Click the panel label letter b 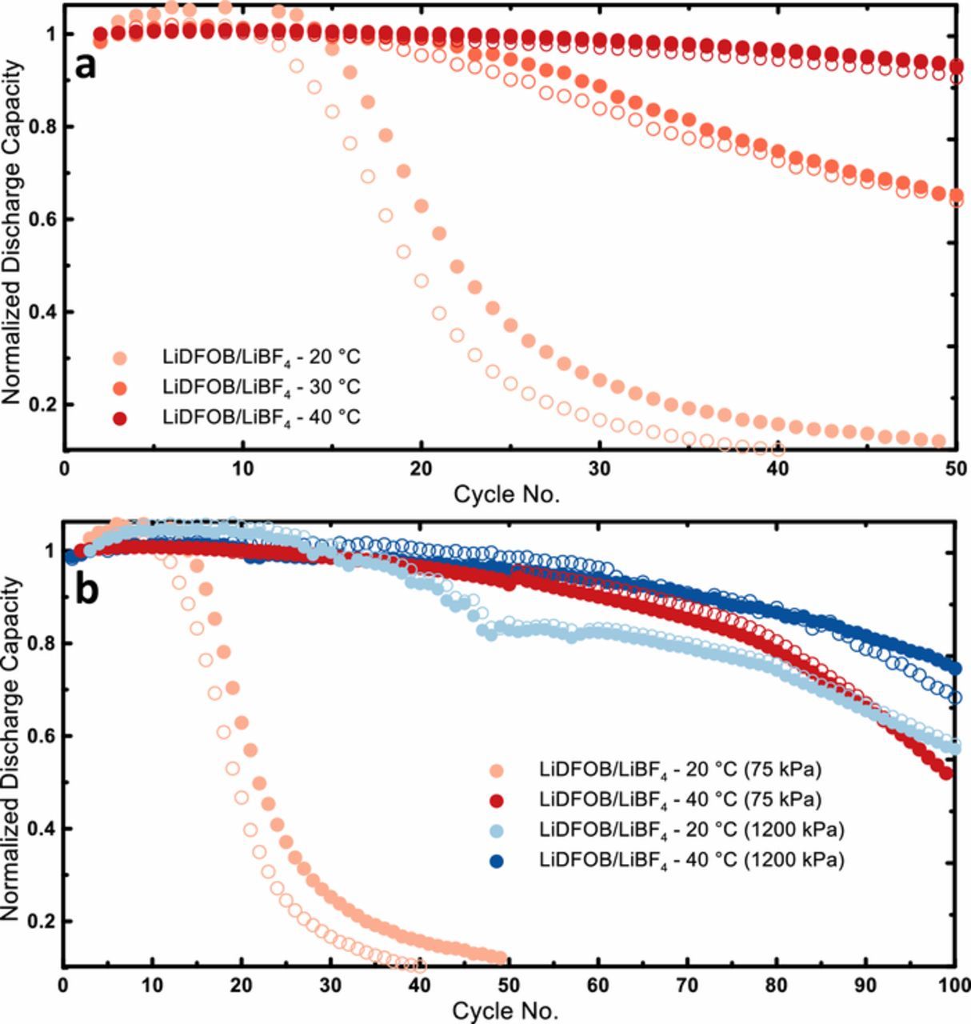(x=87, y=590)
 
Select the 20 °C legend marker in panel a (x=119, y=357)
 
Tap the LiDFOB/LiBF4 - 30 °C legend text (x=261, y=387)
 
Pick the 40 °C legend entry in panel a (x=261, y=417)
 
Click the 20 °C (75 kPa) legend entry (x=681, y=770)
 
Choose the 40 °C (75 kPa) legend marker (x=497, y=800)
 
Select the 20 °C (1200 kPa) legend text (x=692, y=830)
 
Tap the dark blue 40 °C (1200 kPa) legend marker (x=497, y=861)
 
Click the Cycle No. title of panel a (x=507, y=494)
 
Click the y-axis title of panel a (x=14, y=232)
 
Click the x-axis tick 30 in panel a (x=598, y=468)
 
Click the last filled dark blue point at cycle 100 (x=954, y=669)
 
